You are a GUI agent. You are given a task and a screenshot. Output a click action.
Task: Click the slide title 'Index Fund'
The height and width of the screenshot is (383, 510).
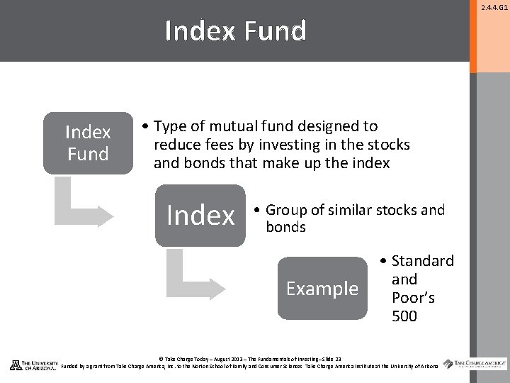[235, 31]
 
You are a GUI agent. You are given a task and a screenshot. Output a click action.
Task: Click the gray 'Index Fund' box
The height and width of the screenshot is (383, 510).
[88, 143]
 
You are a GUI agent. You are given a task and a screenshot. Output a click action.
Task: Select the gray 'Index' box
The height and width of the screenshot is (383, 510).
[200, 215]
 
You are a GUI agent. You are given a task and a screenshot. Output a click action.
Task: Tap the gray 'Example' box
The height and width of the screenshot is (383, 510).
[322, 289]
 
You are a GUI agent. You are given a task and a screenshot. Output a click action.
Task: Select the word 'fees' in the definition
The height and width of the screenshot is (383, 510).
[214, 145]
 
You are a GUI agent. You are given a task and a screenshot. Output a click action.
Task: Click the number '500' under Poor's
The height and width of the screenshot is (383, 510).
[404, 316]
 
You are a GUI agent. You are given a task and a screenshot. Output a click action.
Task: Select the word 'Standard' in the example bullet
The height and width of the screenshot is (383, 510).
[422, 261]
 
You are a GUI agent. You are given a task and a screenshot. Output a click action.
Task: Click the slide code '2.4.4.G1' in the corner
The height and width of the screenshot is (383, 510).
[494, 8]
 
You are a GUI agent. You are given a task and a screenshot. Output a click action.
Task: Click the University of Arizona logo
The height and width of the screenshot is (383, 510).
[34, 365]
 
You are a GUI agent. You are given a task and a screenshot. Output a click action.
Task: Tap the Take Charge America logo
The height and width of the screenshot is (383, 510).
[475, 364]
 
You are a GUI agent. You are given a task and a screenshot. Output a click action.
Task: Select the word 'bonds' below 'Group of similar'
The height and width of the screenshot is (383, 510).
[285, 227]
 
